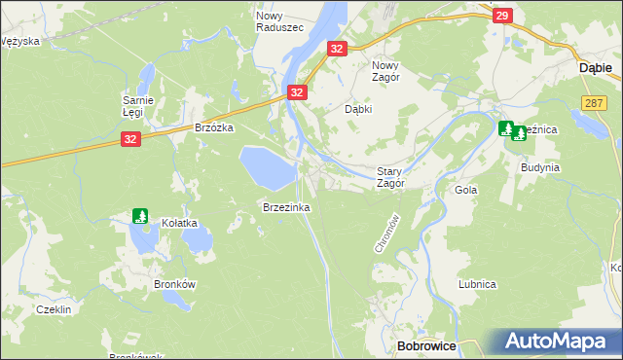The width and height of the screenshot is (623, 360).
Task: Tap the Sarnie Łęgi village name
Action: [x=134, y=106]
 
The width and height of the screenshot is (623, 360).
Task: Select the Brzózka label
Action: [x=215, y=127]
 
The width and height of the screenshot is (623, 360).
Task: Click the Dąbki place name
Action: [x=359, y=110]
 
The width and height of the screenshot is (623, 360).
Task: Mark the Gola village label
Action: [x=465, y=191]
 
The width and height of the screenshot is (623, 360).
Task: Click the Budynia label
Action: [x=539, y=167]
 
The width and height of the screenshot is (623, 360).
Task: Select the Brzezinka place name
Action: [x=285, y=207]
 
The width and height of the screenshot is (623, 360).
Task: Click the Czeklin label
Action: [x=54, y=308]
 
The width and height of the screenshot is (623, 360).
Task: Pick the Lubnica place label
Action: [x=478, y=284]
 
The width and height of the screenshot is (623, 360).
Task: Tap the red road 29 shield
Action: [x=501, y=16]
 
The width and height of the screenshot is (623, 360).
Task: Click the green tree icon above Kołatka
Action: [x=140, y=215]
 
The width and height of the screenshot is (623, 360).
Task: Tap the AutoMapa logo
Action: [x=561, y=342]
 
